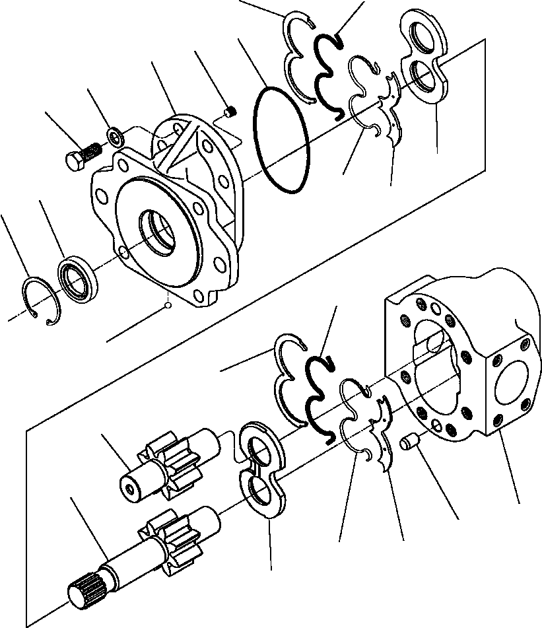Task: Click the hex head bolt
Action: coord(77,158)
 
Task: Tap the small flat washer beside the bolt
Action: coord(116,137)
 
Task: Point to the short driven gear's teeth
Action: coord(171,467)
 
